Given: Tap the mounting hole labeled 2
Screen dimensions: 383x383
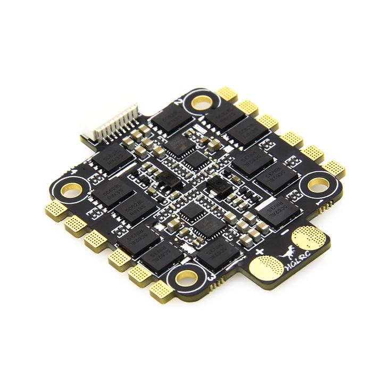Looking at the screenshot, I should coord(201,102).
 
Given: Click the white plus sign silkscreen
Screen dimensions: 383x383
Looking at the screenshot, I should coord(260,251).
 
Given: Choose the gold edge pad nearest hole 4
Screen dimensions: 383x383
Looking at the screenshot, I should coord(54,209).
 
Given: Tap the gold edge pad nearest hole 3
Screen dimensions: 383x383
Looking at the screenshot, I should coord(160,289).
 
